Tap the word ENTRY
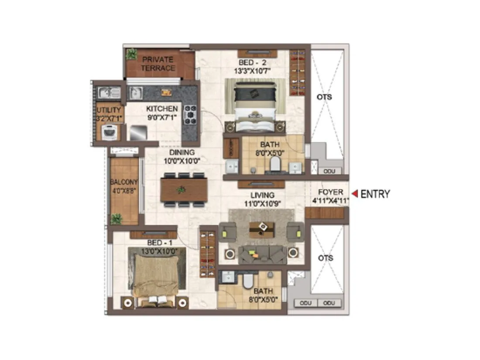point(375,194)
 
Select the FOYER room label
point(330,192)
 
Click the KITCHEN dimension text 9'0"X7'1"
point(161,117)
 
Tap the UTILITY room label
point(108,110)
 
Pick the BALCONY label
point(124,182)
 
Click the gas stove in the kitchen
point(191,115)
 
